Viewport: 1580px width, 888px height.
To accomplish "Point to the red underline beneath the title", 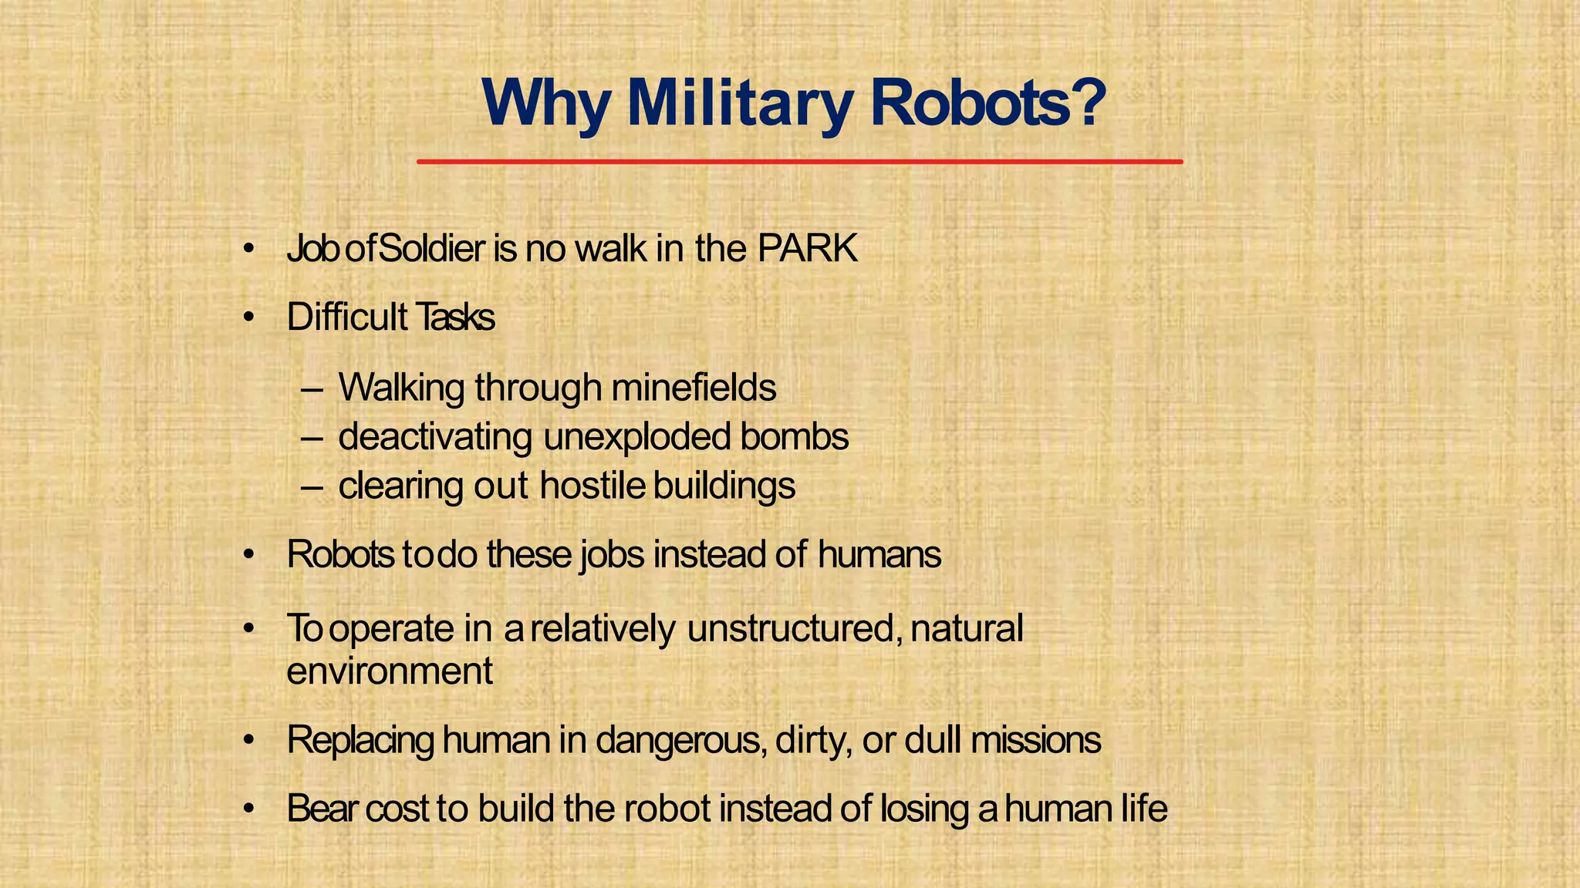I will [x=799, y=162].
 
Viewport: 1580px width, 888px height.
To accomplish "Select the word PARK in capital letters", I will [x=807, y=249].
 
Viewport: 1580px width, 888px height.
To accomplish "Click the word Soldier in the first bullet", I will [x=432, y=249].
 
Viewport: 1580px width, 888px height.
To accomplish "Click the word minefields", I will [x=694, y=387].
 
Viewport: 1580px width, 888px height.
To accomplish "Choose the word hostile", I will [x=592, y=486].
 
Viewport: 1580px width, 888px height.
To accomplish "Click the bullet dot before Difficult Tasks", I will [x=248, y=318].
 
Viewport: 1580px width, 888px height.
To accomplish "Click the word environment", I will [x=390, y=671].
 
